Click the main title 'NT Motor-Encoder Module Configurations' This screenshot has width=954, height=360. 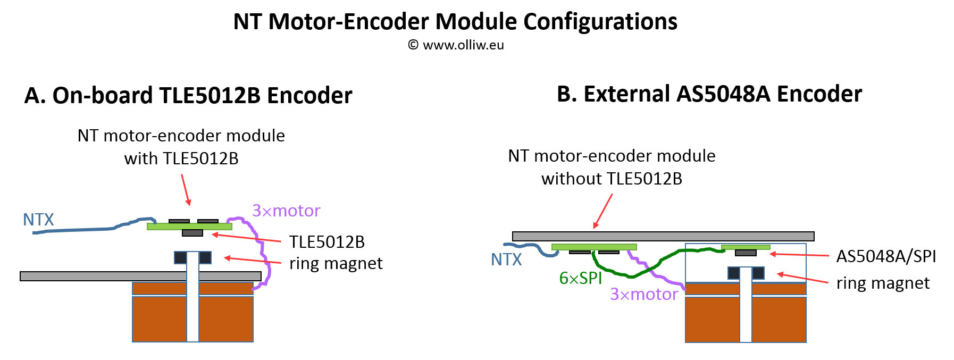(x=455, y=22)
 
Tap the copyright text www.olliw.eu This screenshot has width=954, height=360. (x=456, y=45)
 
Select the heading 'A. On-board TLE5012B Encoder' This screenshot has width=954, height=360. (x=188, y=96)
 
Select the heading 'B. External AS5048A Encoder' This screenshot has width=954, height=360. (x=709, y=94)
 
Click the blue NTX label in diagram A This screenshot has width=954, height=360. (x=38, y=220)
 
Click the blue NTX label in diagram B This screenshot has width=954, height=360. (x=506, y=259)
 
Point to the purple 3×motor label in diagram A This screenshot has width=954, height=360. (x=286, y=211)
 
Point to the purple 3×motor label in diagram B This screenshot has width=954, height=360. (x=644, y=294)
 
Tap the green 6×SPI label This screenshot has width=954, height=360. (x=581, y=278)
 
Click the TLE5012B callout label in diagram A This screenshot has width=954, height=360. (x=327, y=242)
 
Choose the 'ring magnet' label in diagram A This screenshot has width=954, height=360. (x=336, y=263)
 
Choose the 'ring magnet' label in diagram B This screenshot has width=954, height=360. (x=883, y=283)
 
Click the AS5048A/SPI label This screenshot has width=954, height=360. (x=886, y=256)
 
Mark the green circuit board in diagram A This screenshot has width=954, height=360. (x=189, y=227)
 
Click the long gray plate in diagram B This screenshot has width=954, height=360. (x=663, y=236)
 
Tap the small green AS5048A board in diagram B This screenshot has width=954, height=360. (x=746, y=247)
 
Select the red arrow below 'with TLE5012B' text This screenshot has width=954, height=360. (x=185, y=189)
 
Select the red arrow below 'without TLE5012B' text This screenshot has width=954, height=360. (x=603, y=211)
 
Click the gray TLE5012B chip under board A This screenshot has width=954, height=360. (x=193, y=233)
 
